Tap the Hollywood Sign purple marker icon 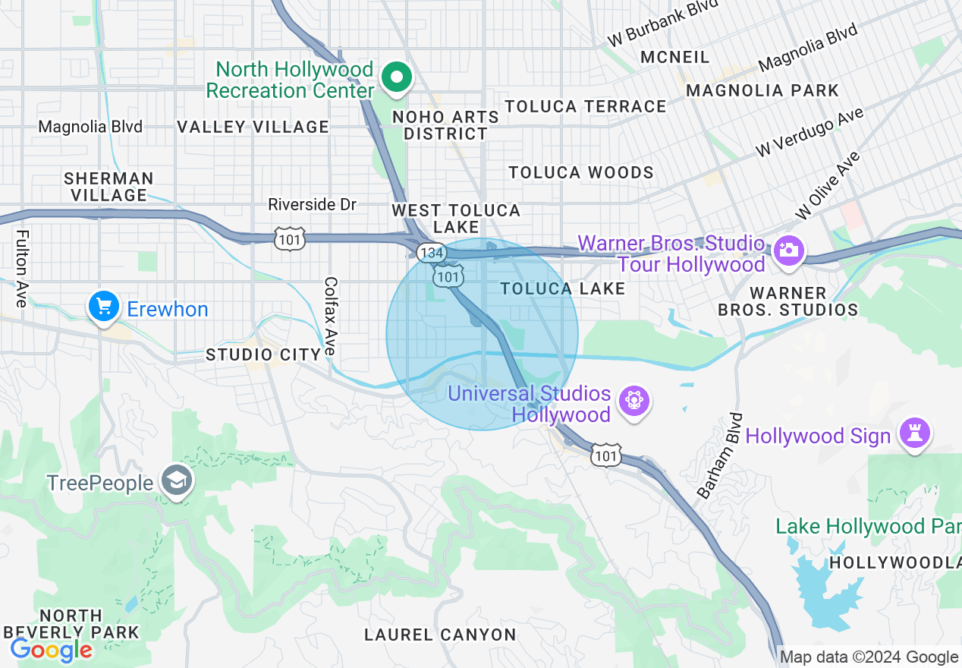(915, 434)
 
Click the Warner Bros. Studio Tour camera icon (789, 250)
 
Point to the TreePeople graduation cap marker (178, 481)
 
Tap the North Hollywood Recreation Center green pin (395, 77)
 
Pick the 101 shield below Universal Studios (606, 455)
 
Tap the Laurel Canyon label (440, 635)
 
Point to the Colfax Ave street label (330, 317)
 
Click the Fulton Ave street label (21, 269)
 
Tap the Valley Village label (253, 127)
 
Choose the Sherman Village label (108, 187)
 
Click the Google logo (51, 650)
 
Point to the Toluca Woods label (581, 172)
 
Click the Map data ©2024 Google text (869, 657)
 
